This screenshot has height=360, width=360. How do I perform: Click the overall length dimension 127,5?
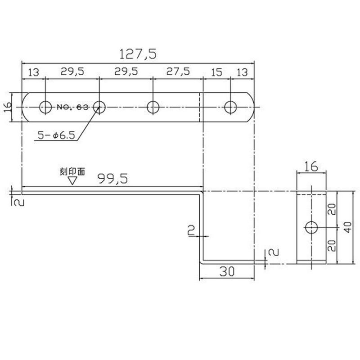coord(138,54)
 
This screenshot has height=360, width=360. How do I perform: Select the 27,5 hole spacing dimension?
coord(178,72)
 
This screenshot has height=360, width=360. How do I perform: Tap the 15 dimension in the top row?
coord(216,72)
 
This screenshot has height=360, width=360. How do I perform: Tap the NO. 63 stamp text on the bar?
coord(73,107)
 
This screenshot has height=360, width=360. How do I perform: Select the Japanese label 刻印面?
coord(72,171)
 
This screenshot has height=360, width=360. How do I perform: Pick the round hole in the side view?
coord(311,228)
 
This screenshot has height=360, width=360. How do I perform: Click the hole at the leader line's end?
coord(99,107)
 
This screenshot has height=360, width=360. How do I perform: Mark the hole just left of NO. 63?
coord(45,107)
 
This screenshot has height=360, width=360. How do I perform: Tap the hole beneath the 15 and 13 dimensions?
coord(231,107)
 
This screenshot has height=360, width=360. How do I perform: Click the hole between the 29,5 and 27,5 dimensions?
coord(153,107)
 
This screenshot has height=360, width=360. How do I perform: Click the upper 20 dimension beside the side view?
coord(332,210)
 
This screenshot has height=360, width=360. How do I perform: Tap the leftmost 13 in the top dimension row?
coord(33,72)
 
